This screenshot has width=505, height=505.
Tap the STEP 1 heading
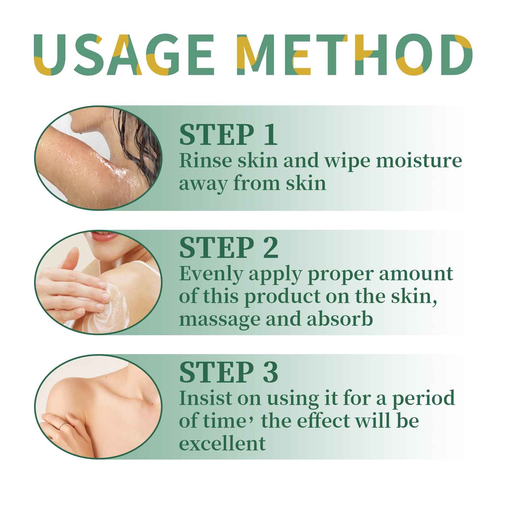pos(228,135)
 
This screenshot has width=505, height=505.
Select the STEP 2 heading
pos(229,248)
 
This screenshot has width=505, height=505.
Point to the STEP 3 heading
pos(229,372)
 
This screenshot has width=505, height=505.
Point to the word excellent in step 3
pos(222,444)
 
